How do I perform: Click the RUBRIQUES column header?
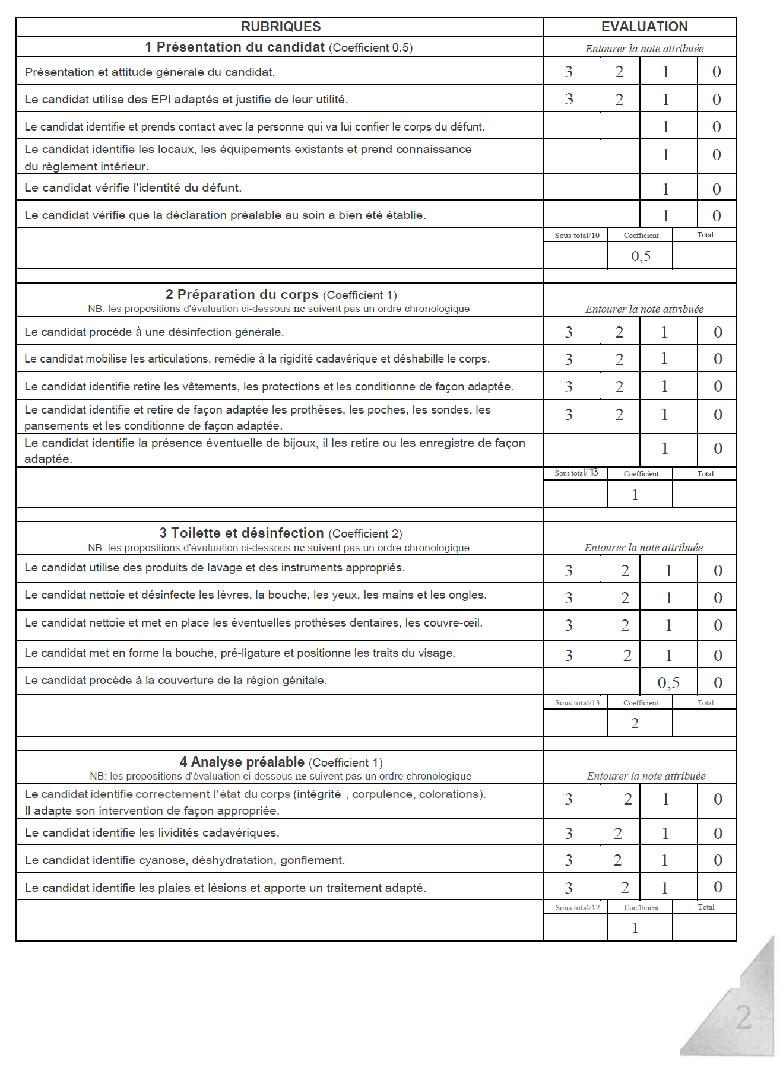pyautogui.click(x=281, y=27)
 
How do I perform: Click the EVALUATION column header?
pyautogui.click(x=644, y=27)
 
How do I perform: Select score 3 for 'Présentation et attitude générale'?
pyautogui.click(x=569, y=72)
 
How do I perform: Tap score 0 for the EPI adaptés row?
pyautogui.click(x=717, y=100)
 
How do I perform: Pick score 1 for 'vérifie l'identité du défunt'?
pyautogui.click(x=665, y=189)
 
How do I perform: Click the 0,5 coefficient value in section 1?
pyautogui.click(x=641, y=256)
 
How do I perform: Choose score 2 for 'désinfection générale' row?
pyautogui.click(x=619, y=332)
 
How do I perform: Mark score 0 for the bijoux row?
pyautogui.click(x=718, y=449)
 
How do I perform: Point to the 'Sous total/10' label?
pyautogui.click(x=577, y=236)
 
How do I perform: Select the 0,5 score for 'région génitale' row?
pyautogui.click(x=668, y=683)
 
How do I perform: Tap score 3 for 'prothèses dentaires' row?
pyautogui.click(x=569, y=625)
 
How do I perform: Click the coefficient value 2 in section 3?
pyautogui.click(x=635, y=723)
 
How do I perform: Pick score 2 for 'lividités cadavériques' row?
pyautogui.click(x=618, y=834)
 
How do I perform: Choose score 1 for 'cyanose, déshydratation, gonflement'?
pyautogui.click(x=665, y=860)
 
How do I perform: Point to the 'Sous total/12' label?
pyautogui.click(x=577, y=908)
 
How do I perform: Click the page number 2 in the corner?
pyautogui.click(x=744, y=1018)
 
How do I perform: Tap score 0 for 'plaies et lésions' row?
pyautogui.click(x=718, y=887)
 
